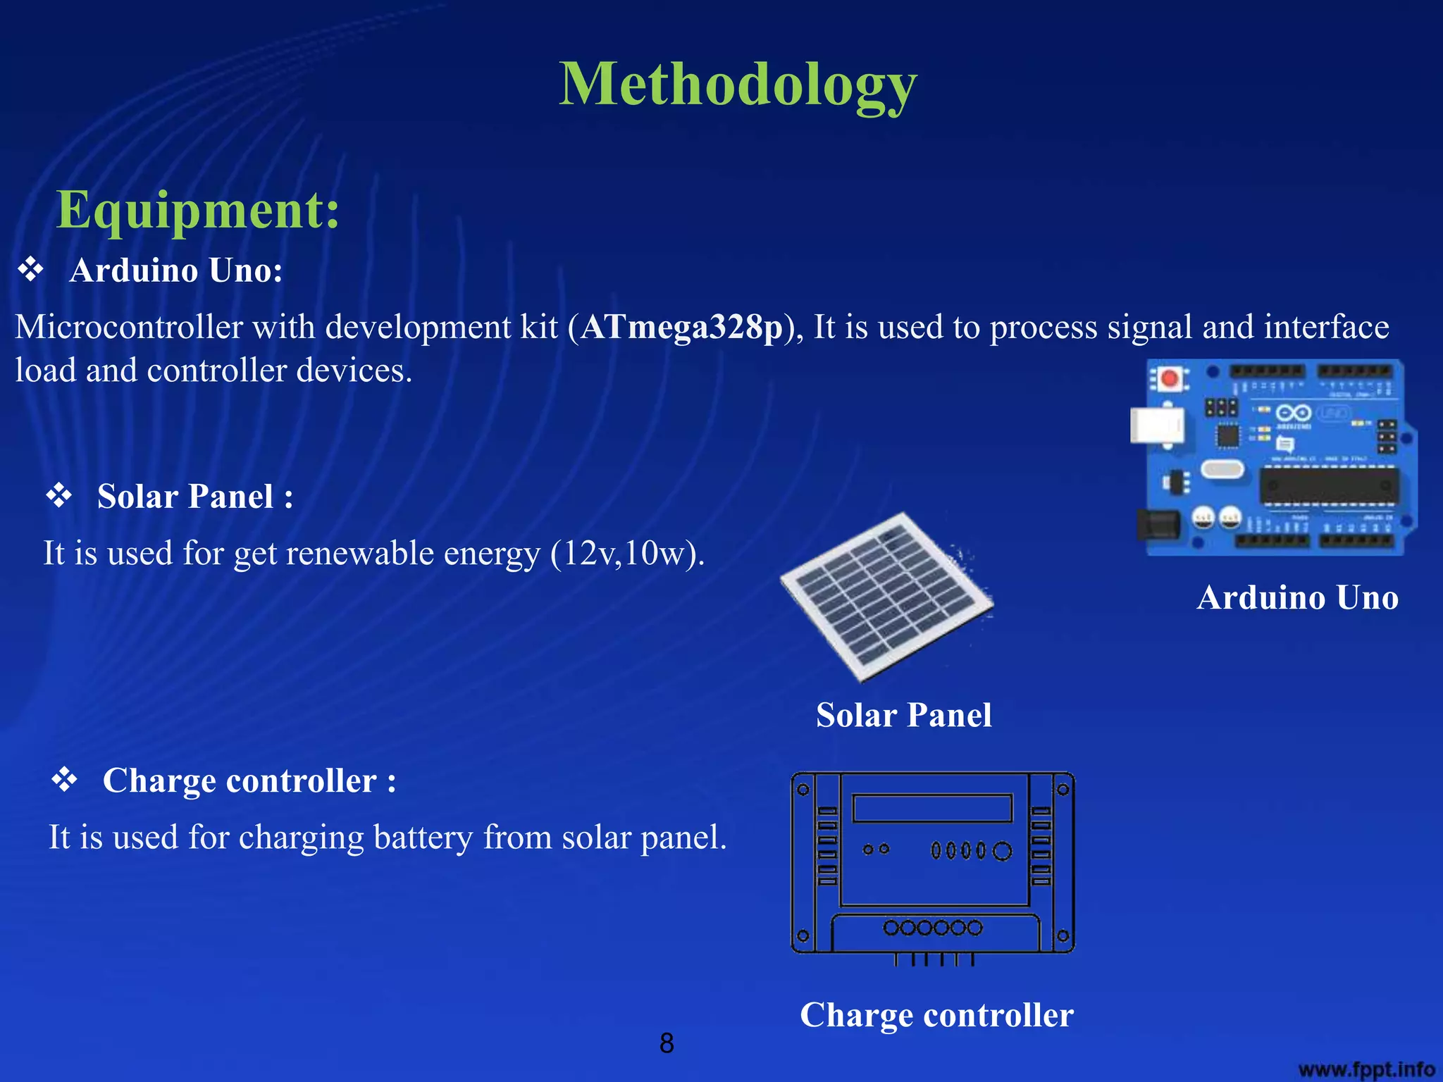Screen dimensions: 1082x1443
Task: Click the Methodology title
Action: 738,85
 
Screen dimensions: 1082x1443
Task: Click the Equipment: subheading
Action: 198,210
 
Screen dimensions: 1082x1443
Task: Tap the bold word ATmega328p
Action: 681,328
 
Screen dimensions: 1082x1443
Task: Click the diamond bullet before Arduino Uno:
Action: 31,270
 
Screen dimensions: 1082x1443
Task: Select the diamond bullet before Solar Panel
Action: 59,496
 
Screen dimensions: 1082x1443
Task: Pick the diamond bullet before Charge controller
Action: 65,780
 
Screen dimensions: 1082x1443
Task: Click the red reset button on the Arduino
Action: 1170,379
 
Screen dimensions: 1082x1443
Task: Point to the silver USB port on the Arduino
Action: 1156,425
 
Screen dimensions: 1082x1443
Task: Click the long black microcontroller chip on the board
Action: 1329,486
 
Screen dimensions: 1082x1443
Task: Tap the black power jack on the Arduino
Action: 1158,525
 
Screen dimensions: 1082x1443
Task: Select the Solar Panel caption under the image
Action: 903,715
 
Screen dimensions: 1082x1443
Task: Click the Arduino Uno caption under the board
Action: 1297,597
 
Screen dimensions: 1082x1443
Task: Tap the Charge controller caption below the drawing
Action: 936,1015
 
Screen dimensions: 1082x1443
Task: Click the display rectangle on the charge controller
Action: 932,808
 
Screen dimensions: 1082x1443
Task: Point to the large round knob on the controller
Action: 1002,851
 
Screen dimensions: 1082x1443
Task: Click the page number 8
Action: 667,1043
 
